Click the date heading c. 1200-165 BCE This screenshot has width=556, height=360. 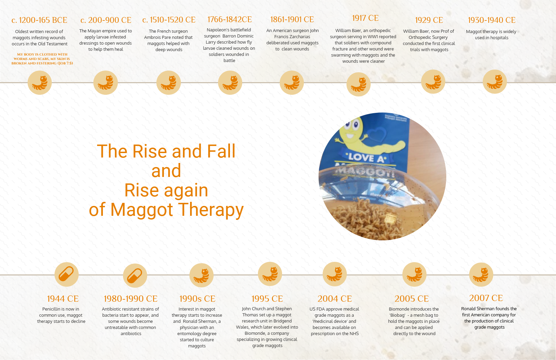pos(39,20)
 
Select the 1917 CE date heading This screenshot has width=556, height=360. pos(365,18)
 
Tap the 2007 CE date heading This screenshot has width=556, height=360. pos(486,298)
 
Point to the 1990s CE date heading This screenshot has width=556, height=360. pos(197,299)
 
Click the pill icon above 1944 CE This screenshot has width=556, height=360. pos(66,274)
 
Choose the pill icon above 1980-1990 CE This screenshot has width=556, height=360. pos(135,275)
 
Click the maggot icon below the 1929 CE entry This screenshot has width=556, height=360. pos(433,82)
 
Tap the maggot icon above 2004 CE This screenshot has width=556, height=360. pos(335,274)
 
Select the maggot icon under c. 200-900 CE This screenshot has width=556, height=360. pos(106,83)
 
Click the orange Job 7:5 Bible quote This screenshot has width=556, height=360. pos(42,59)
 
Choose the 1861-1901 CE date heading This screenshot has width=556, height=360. pos(292,19)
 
